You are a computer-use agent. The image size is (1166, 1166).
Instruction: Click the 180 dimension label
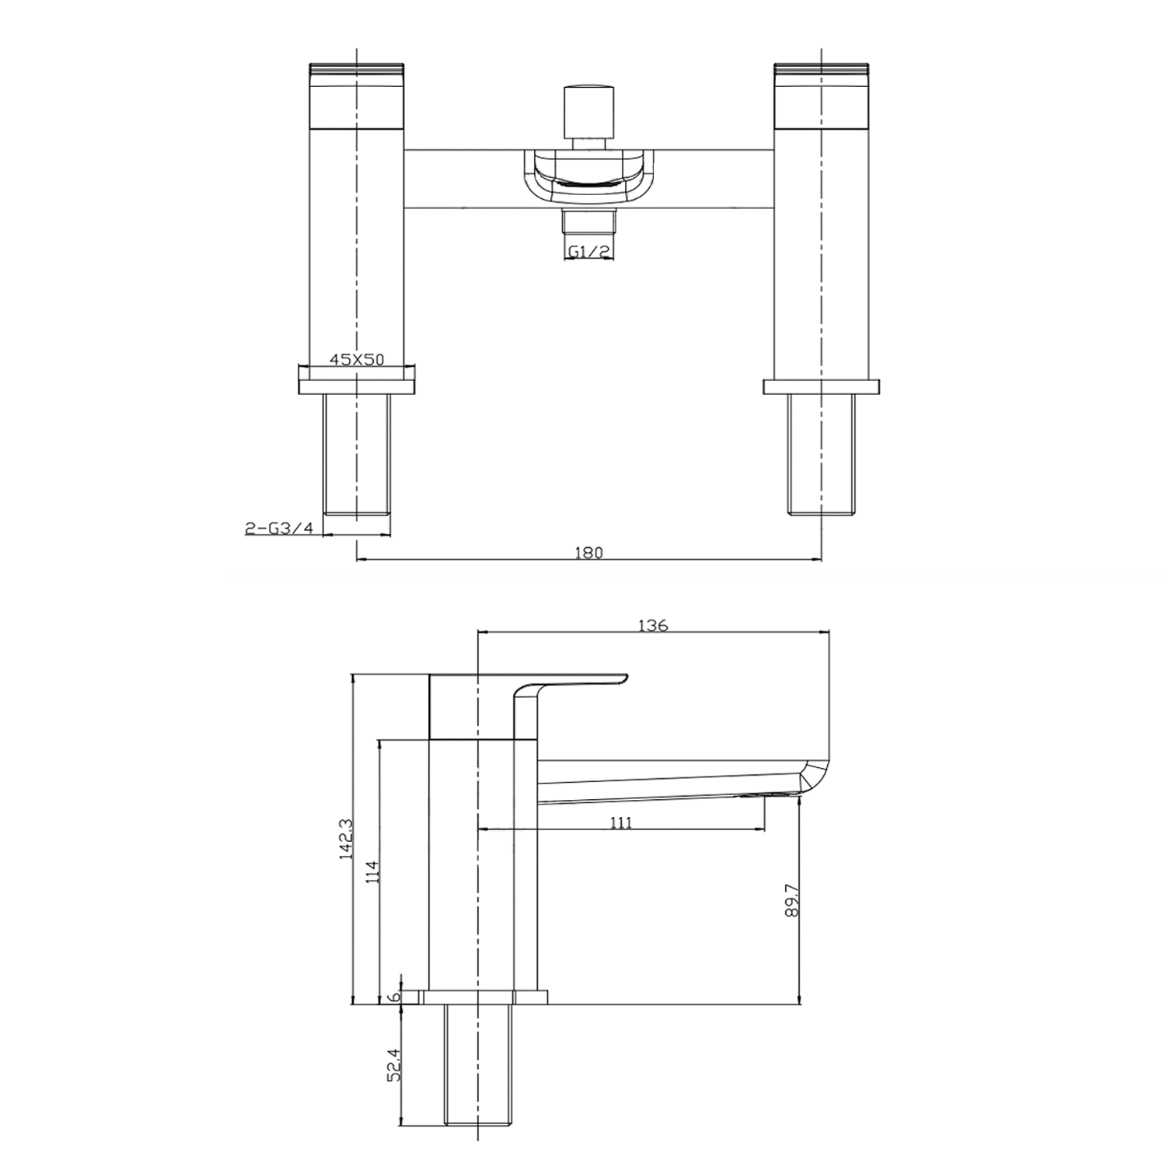click(x=588, y=553)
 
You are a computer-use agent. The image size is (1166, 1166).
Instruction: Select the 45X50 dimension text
click(x=356, y=360)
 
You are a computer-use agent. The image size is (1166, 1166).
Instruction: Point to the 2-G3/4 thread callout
click(x=279, y=529)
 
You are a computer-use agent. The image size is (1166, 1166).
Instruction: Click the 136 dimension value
click(x=653, y=626)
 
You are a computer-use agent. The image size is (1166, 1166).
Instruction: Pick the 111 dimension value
click(x=620, y=823)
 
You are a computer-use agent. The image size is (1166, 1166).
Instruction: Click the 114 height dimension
click(x=372, y=872)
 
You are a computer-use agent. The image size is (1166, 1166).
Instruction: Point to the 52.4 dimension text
click(x=394, y=1065)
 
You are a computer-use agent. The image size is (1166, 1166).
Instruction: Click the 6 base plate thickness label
click(x=394, y=997)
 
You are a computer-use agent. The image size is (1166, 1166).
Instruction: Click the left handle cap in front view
click(x=357, y=93)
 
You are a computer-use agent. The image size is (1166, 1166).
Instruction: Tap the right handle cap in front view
click(x=821, y=93)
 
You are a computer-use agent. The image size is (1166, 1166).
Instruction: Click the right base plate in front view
click(x=821, y=386)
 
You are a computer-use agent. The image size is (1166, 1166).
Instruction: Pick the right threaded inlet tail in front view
click(x=821, y=454)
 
